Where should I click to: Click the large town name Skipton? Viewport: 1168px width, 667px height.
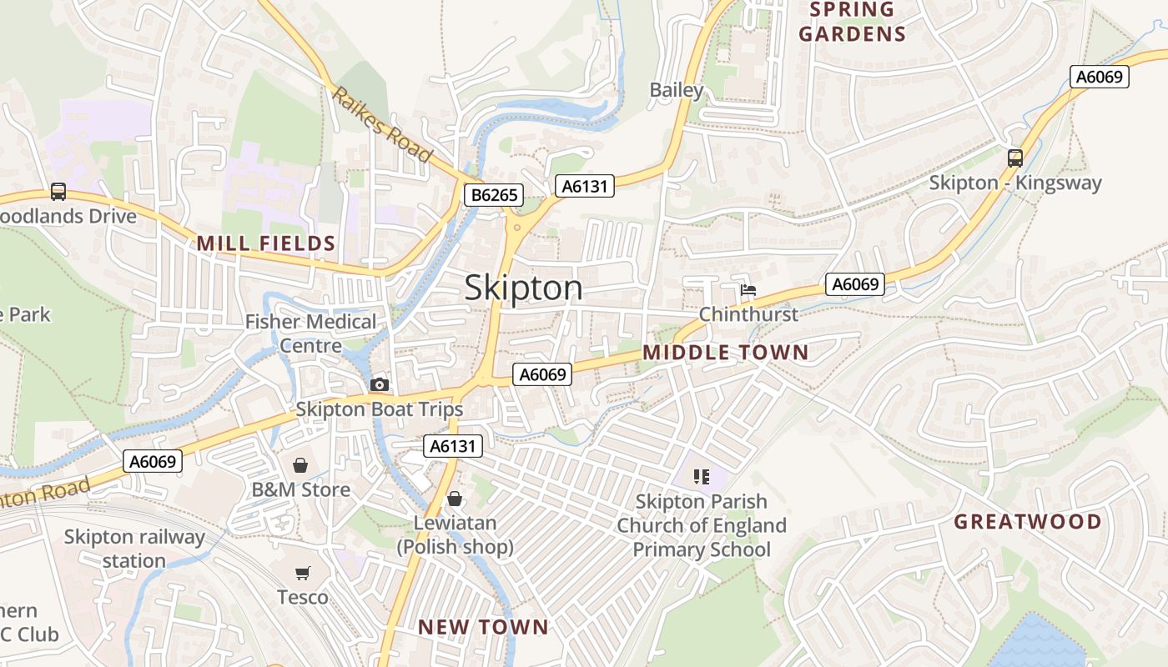click(x=523, y=288)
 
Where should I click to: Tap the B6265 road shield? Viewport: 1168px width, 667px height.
click(x=494, y=196)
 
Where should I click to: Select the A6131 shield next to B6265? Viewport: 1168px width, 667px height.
click(x=585, y=186)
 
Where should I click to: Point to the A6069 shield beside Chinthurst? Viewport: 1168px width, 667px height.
click(x=855, y=284)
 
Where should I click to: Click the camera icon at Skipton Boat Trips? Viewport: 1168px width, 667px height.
click(x=380, y=384)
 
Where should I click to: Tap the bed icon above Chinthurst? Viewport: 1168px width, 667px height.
click(x=748, y=290)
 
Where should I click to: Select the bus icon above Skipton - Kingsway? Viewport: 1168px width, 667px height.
click(x=1015, y=158)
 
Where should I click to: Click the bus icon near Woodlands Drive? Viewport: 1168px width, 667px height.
click(x=58, y=191)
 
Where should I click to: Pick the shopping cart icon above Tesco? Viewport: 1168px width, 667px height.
click(x=302, y=573)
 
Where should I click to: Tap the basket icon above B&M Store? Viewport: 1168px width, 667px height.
click(x=300, y=464)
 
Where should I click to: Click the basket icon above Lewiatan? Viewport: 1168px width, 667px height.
click(x=455, y=499)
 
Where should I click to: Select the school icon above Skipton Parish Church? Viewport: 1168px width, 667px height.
click(x=701, y=477)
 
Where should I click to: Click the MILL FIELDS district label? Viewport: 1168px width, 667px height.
click(x=265, y=243)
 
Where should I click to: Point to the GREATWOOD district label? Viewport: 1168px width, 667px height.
click(x=1027, y=522)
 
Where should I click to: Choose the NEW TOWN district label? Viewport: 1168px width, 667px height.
click(x=483, y=627)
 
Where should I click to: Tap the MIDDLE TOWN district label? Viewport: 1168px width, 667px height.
click(x=725, y=352)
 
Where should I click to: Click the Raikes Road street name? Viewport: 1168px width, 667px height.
click(x=382, y=124)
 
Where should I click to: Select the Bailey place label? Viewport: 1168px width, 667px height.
click(x=677, y=90)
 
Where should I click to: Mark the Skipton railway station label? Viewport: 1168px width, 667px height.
click(x=134, y=549)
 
